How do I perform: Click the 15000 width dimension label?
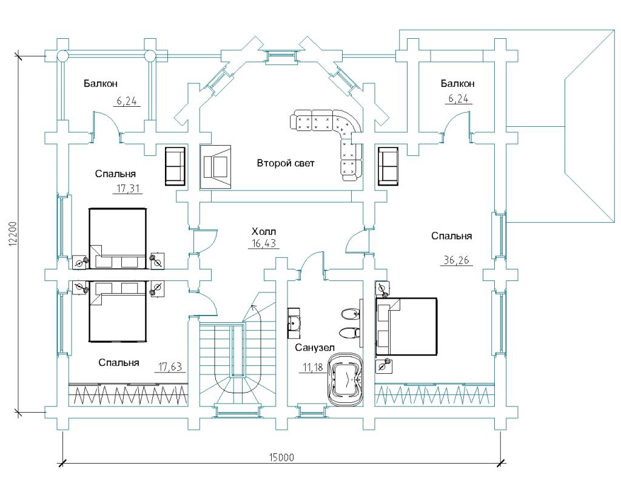point(281,458)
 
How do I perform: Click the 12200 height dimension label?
point(13,234)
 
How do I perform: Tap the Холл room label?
point(264,231)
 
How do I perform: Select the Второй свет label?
point(286,163)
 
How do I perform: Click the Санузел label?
point(315,348)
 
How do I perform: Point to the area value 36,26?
point(457,260)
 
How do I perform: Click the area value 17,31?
point(127,189)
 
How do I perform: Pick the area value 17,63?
point(170,367)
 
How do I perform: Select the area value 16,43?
point(264,243)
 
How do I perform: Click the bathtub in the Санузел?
point(345,380)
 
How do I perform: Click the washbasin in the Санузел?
point(294,323)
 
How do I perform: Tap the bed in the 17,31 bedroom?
point(118,239)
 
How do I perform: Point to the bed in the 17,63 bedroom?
point(118,311)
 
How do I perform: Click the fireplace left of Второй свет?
point(215,167)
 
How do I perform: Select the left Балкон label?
point(100,84)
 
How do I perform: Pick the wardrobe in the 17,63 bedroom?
point(128,394)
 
